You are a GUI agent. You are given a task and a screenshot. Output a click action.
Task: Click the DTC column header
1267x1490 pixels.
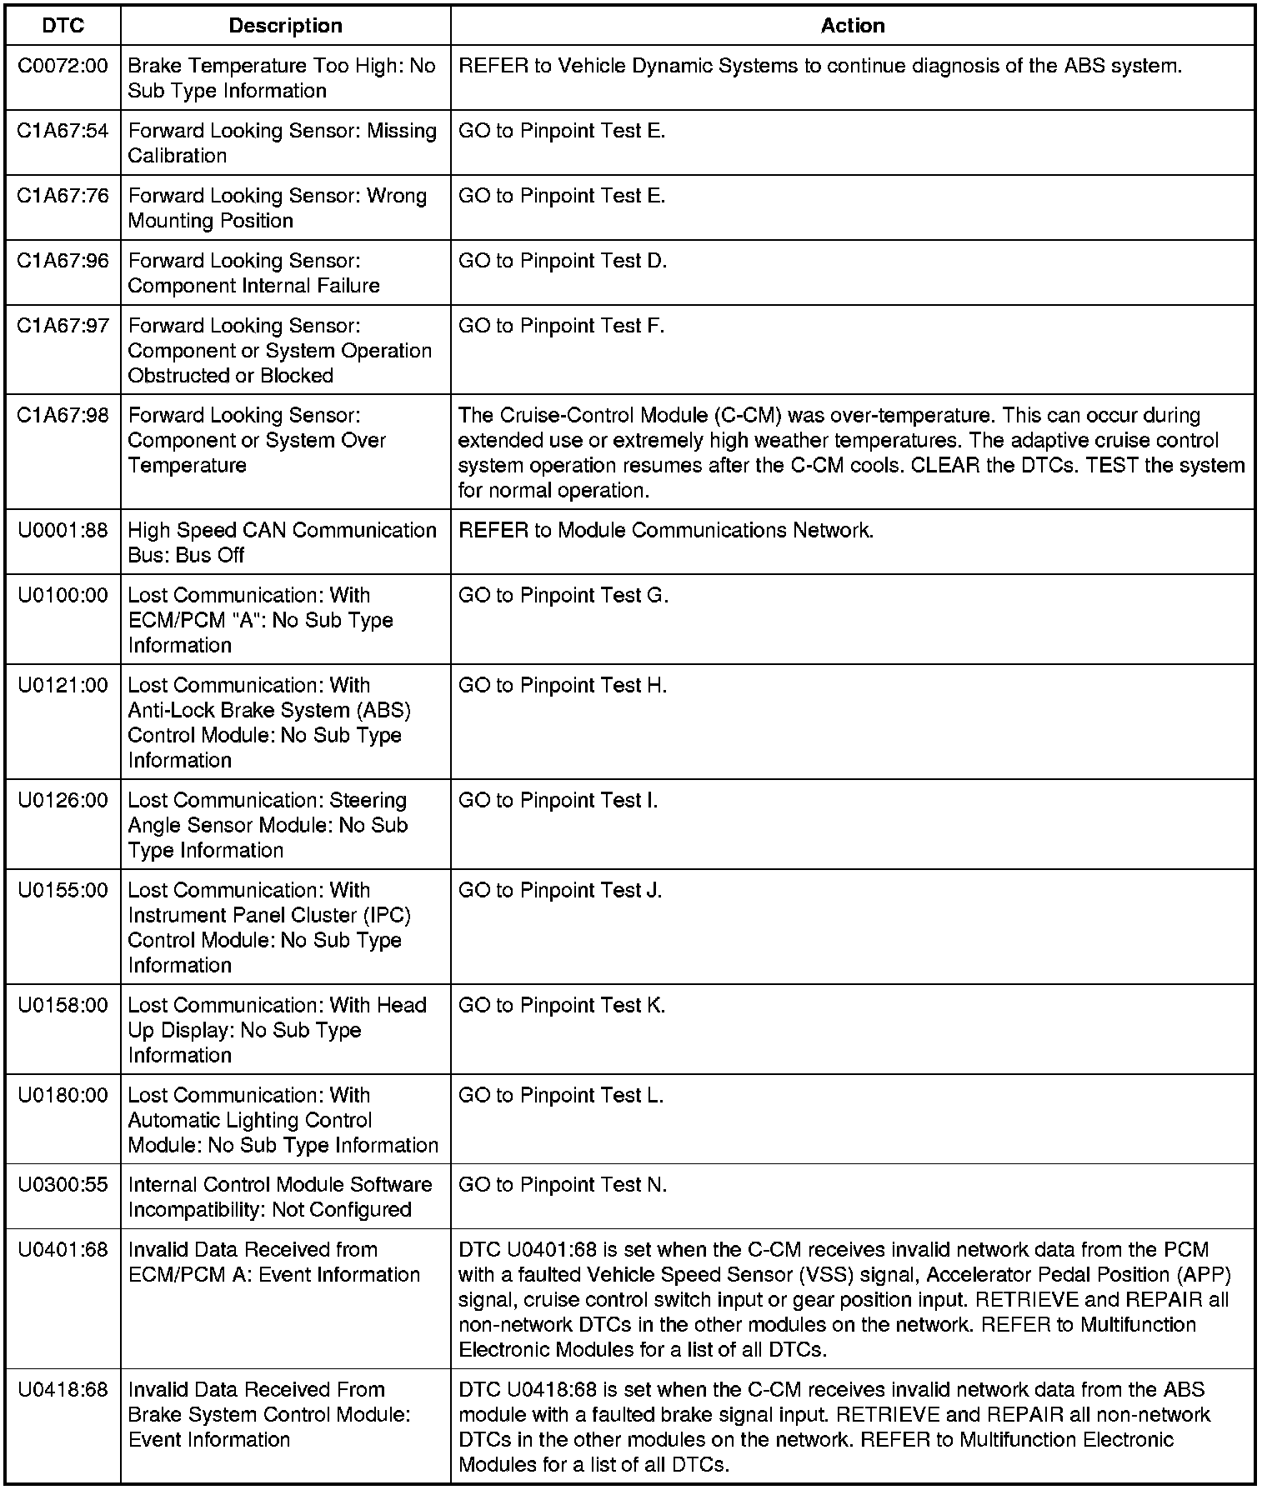(x=63, y=26)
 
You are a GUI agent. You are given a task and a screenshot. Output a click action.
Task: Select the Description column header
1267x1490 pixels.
(x=285, y=26)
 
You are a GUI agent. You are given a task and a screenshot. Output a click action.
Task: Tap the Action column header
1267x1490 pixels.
(x=852, y=26)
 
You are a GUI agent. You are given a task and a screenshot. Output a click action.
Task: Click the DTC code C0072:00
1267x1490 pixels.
(x=63, y=66)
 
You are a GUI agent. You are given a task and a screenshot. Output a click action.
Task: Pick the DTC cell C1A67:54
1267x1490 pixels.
(x=63, y=131)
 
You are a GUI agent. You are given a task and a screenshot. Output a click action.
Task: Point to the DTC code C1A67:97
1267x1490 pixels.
(x=63, y=326)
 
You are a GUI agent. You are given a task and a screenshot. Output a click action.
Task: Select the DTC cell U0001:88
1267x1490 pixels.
(x=63, y=531)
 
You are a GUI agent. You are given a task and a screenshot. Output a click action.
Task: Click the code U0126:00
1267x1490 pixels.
(x=63, y=801)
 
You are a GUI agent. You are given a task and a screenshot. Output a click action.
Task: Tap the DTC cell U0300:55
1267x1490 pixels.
(x=63, y=1185)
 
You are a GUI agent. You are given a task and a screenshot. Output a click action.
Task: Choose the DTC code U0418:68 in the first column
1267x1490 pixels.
(x=63, y=1390)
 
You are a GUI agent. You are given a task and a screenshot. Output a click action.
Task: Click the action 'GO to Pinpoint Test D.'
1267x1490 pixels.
(x=563, y=261)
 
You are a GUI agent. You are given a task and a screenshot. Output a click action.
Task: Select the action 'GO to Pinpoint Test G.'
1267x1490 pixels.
(x=563, y=596)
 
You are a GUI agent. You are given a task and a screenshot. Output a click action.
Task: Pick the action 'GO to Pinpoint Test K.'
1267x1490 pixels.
(x=562, y=1006)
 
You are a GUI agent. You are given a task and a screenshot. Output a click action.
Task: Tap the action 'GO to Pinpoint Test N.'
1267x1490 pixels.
(x=563, y=1185)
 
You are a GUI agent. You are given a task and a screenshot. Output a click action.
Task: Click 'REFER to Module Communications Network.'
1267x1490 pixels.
(x=666, y=531)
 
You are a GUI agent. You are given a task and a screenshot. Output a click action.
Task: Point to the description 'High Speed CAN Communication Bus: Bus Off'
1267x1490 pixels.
(x=282, y=542)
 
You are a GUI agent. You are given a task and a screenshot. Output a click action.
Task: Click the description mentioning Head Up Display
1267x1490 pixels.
(x=277, y=1030)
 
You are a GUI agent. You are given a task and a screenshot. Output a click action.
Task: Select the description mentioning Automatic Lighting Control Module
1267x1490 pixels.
(x=283, y=1120)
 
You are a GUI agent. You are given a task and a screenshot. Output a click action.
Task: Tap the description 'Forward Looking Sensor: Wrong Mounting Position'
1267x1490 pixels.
(x=277, y=208)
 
